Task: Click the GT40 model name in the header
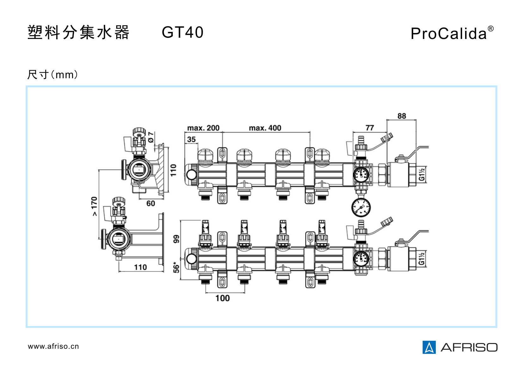[x=182, y=32]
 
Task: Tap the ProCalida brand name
[x=449, y=34]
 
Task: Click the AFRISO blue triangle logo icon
[x=429, y=347]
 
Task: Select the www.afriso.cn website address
[x=53, y=346]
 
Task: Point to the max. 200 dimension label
[x=203, y=128]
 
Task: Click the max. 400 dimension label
[x=265, y=128]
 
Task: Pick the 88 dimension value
[x=402, y=116]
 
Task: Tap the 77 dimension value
[x=370, y=128]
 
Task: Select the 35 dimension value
[x=191, y=139]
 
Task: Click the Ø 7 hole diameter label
[x=151, y=137]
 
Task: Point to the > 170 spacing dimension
[x=94, y=206]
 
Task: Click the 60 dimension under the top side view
[x=151, y=203]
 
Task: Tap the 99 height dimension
[x=176, y=239]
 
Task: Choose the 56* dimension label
[x=176, y=267]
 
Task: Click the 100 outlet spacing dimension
[x=222, y=298]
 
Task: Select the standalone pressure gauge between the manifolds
[x=361, y=207]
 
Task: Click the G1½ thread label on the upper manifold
[x=422, y=175]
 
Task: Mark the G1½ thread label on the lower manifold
[x=421, y=259]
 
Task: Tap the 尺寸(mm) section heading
[x=52, y=75]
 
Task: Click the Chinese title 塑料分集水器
[x=78, y=32]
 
